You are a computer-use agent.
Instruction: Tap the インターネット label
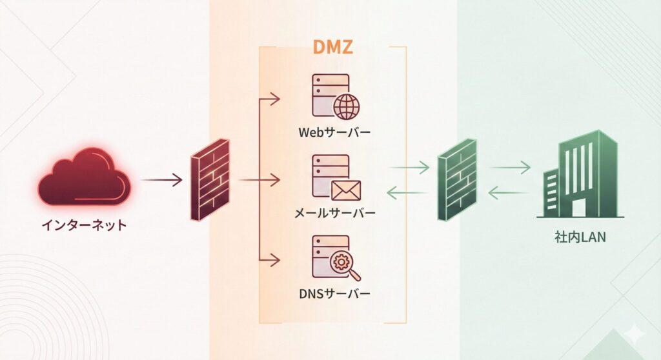click(x=84, y=225)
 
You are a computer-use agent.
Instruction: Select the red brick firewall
click(x=210, y=179)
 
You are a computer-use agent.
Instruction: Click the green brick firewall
click(x=458, y=179)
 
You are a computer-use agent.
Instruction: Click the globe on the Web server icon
click(x=347, y=107)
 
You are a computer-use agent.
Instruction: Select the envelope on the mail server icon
click(x=346, y=190)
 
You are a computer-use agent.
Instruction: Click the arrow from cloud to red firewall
click(x=162, y=179)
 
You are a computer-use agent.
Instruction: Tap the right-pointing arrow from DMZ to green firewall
click(x=409, y=168)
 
